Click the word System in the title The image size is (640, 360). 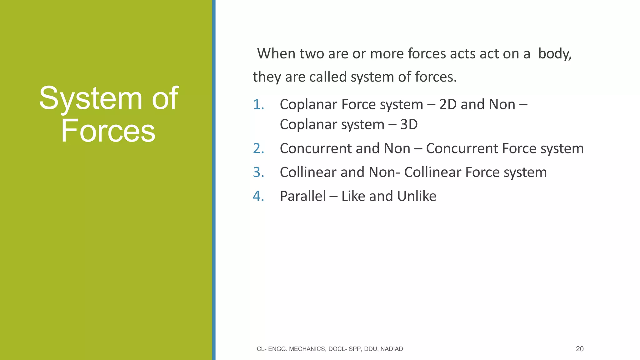click(x=91, y=98)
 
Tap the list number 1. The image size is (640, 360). click(x=258, y=104)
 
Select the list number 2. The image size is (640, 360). click(x=258, y=148)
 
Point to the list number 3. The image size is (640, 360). click(x=258, y=172)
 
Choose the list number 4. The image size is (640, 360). click(x=258, y=196)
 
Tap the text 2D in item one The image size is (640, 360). click(x=448, y=104)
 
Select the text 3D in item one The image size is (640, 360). click(x=409, y=124)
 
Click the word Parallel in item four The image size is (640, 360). click(x=302, y=196)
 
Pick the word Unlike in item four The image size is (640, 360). click(x=417, y=196)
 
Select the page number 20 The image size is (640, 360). click(x=580, y=349)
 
